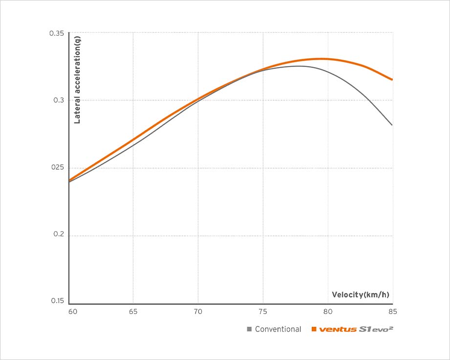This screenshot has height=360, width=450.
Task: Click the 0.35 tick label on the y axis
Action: coord(57,33)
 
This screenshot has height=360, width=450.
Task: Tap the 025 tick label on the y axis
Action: coord(58,168)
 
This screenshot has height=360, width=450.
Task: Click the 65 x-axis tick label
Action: coord(133,312)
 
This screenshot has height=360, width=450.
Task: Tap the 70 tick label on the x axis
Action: coord(198,312)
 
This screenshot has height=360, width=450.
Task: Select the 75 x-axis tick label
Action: coord(263,312)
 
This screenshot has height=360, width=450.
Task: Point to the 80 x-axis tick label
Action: coord(328,312)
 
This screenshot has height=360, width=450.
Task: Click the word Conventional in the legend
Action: coord(278,329)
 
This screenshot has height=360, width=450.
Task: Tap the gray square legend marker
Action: coord(250,329)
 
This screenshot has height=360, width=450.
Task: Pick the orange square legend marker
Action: coord(314,329)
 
